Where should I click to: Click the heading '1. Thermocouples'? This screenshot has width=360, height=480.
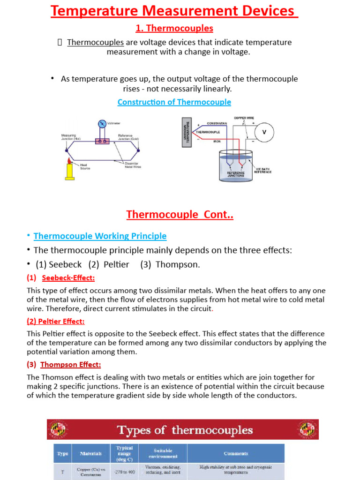174,29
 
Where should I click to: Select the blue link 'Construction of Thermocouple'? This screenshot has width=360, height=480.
174,102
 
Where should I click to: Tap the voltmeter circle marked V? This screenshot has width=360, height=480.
264,132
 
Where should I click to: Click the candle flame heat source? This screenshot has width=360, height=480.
70,161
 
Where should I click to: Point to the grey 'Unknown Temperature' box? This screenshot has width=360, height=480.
186,133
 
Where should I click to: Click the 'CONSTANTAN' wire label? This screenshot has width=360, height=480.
217,124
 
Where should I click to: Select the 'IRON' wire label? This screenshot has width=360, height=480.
217,141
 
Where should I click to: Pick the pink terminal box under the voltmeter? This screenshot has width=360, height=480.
103,141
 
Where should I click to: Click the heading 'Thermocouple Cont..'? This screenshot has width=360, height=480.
180,215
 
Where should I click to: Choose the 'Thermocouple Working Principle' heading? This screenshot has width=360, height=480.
100,236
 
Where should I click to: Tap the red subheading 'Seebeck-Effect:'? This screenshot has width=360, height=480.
68,278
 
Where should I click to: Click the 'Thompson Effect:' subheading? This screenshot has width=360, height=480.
70,365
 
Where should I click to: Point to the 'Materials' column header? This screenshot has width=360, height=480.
90,453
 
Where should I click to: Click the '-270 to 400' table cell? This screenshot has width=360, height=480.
124,472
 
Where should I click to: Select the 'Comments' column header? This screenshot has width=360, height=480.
236,453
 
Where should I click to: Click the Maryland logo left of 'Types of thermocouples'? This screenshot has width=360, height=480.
58,429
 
